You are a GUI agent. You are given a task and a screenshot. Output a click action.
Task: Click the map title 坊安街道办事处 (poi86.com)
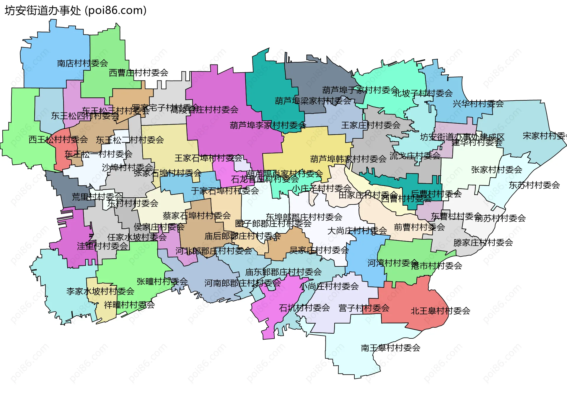click(76, 11)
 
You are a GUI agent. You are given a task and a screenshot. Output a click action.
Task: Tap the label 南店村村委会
click(82, 63)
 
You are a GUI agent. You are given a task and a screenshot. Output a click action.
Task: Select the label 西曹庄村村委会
click(139, 73)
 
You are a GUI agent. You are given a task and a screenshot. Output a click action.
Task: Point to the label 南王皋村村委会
click(390, 348)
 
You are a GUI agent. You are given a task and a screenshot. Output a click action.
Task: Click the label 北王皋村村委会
click(440, 311)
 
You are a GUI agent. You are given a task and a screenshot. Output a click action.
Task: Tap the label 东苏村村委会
click(534, 185)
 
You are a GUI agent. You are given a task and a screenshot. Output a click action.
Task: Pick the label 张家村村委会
click(497, 170)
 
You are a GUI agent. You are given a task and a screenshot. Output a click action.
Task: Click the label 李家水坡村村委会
click(100, 291)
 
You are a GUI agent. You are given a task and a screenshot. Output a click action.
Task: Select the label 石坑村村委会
click(304, 308)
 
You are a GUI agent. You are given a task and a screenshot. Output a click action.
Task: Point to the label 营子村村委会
click(364, 308)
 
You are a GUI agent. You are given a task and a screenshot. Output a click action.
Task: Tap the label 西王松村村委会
click(58, 139)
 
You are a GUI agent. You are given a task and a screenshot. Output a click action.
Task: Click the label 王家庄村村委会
click(371, 125)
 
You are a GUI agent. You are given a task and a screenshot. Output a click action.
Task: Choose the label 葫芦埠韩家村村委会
click(348, 159)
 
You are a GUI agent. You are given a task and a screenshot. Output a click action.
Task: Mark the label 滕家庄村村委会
click(483, 243)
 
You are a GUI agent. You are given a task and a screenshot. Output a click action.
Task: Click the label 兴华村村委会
click(478, 104)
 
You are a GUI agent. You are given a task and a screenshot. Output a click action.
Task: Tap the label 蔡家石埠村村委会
click(197, 215)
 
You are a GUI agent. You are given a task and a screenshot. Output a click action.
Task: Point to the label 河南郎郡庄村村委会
click(242, 283)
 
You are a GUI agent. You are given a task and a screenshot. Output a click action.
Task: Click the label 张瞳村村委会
click(162, 281)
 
